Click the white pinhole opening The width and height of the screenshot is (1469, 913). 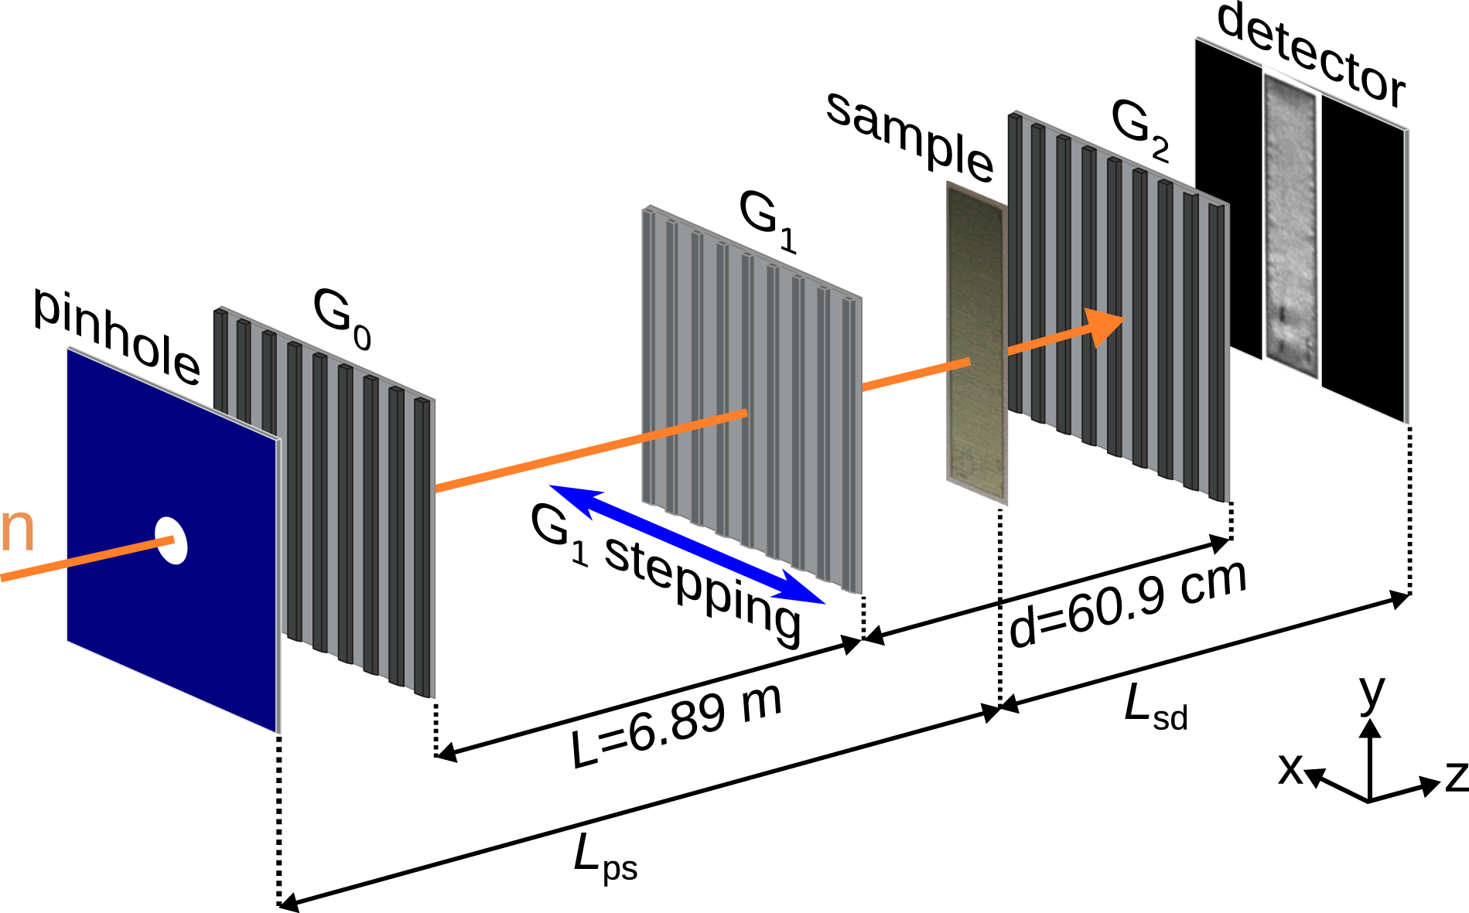pos(172,540)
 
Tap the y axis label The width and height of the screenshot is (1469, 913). pos(1372,692)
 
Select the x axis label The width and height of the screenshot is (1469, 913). pos(1290,768)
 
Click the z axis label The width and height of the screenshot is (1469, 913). pos(1455,776)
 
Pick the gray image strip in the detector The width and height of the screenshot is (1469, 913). pos(1290,224)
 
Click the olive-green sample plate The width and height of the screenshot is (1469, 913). pos(976,344)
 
